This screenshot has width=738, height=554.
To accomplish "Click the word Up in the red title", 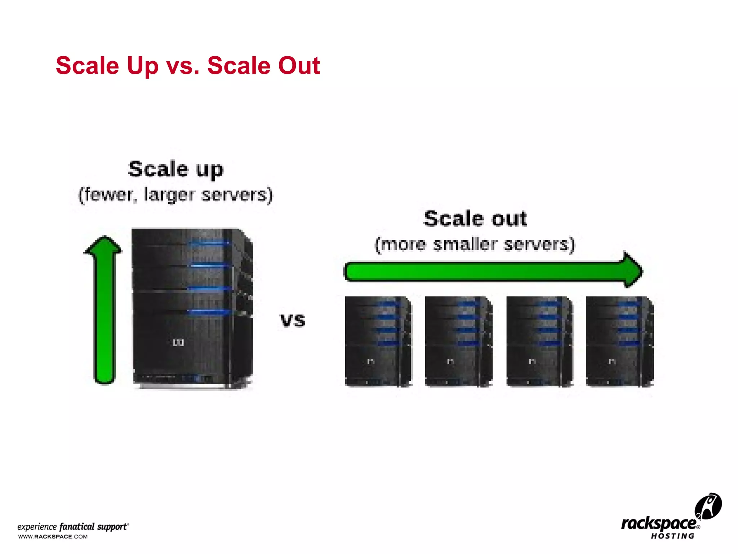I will coord(142,66).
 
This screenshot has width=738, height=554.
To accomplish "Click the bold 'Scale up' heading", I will coord(176,169).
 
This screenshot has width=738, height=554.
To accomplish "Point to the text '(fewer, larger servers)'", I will coord(176,195).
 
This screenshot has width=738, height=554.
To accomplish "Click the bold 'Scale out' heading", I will coord(475,219).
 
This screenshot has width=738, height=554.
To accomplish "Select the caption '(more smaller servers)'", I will coord(475,244).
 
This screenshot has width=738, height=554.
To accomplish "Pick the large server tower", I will coord(193,308).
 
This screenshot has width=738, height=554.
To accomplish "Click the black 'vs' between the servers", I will coord(293,320).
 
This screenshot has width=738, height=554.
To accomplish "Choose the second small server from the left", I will coord(458,341).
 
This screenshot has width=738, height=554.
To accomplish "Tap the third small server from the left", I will coord(539,341).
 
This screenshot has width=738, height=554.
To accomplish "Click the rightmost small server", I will coord(620,341).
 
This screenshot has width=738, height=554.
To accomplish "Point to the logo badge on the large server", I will coord(178,342).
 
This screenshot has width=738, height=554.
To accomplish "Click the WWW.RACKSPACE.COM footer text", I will coord(53,537).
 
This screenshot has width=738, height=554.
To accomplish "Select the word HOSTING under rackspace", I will coord(672,536).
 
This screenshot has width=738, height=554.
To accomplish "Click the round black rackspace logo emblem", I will coord(708,506).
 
